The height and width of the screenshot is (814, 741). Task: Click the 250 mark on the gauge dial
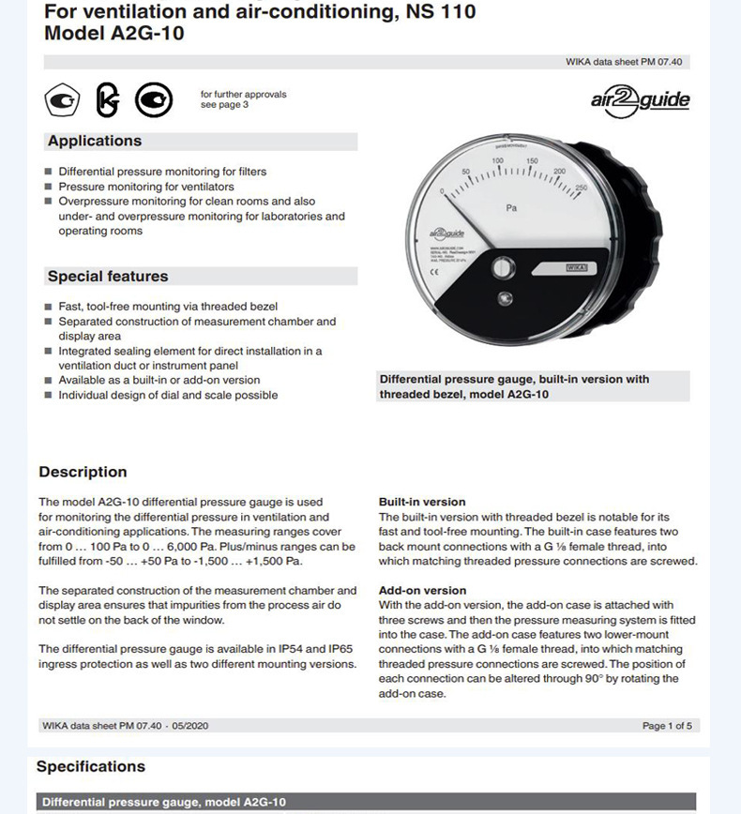581,188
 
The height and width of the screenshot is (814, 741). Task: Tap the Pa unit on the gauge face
511,208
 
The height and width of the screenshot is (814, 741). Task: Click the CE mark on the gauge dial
435,273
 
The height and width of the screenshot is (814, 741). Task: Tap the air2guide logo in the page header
641,100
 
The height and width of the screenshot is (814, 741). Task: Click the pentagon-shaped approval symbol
63,100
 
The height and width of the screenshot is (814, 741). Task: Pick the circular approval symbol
153,100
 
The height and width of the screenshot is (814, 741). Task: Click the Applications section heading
95,141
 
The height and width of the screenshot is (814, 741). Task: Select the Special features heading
108,277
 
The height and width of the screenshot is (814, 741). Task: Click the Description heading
83,472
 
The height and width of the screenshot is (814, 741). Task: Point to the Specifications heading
91,766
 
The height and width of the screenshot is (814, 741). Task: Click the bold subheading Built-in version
422,502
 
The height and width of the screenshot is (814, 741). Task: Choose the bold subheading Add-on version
422,591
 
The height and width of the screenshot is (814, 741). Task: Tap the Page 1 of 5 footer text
667,725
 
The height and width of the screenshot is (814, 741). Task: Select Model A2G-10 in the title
113,34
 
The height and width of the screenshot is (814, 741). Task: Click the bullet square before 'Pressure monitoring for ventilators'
48,187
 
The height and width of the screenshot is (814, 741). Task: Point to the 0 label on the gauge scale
442,191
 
